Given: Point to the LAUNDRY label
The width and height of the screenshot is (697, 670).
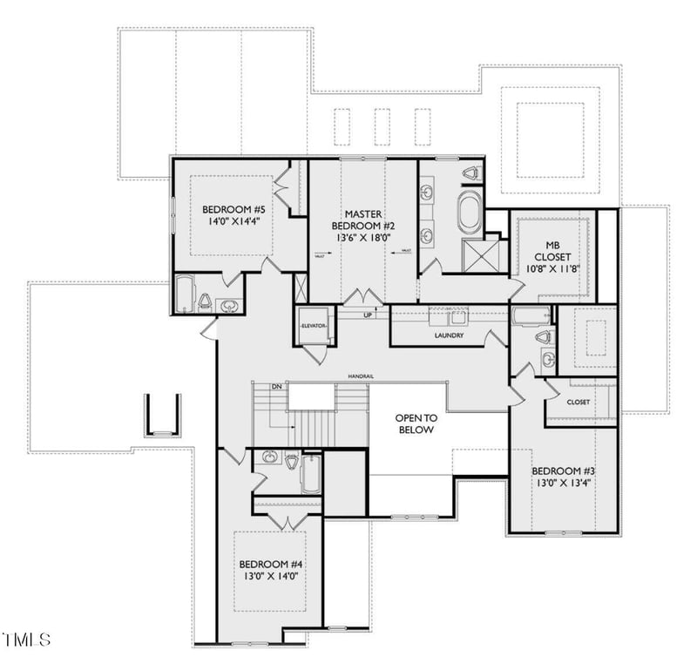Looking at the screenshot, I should pos(449,335).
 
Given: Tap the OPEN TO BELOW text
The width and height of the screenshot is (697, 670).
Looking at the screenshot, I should pos(416,423).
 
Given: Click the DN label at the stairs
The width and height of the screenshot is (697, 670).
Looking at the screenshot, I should pos(275,386).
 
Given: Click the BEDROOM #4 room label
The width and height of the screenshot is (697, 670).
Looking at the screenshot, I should pos(269,564).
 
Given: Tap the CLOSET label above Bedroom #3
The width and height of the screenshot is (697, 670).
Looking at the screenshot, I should pos(578,403).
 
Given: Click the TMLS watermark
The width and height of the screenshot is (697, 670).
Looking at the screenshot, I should pos(26,640).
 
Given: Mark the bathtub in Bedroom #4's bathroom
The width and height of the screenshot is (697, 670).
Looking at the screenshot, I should pos(311,475).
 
